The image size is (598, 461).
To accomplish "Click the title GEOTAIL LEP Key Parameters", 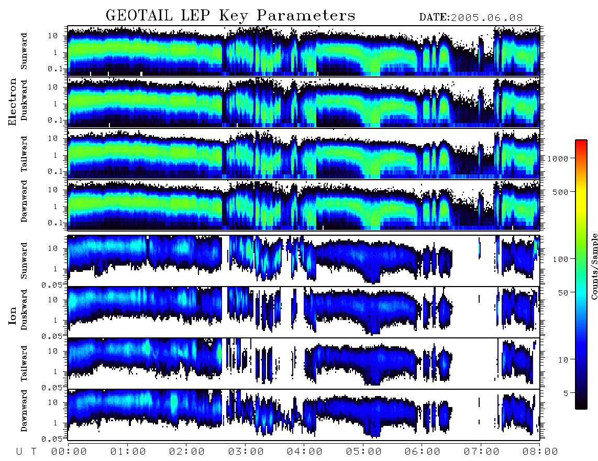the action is point(230,16).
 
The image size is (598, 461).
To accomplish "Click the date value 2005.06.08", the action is point(487,18).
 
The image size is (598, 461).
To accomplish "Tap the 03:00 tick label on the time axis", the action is point(246,452).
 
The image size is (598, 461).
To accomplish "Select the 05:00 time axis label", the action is point(363,452).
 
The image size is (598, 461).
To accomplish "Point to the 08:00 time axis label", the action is point(540,452).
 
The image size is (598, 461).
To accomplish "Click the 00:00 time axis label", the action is point(69,452).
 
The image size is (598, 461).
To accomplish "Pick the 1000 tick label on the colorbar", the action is point(558,158).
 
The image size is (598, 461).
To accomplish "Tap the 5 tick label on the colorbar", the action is point(566,393).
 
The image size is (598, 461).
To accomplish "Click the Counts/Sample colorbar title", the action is point(594,266).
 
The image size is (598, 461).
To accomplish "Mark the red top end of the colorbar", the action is point(581,141).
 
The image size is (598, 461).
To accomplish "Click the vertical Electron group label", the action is point(13,102).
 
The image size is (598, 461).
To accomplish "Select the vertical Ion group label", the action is point(13,316).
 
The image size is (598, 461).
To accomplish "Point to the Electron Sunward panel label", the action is point(24,51).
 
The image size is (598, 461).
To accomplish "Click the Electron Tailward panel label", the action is point(24,154).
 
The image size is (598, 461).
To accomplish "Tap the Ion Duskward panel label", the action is point(24,310).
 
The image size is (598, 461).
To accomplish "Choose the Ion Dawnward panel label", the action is point(24,410).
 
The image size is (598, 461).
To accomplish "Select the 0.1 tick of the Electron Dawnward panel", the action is point(55,223).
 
